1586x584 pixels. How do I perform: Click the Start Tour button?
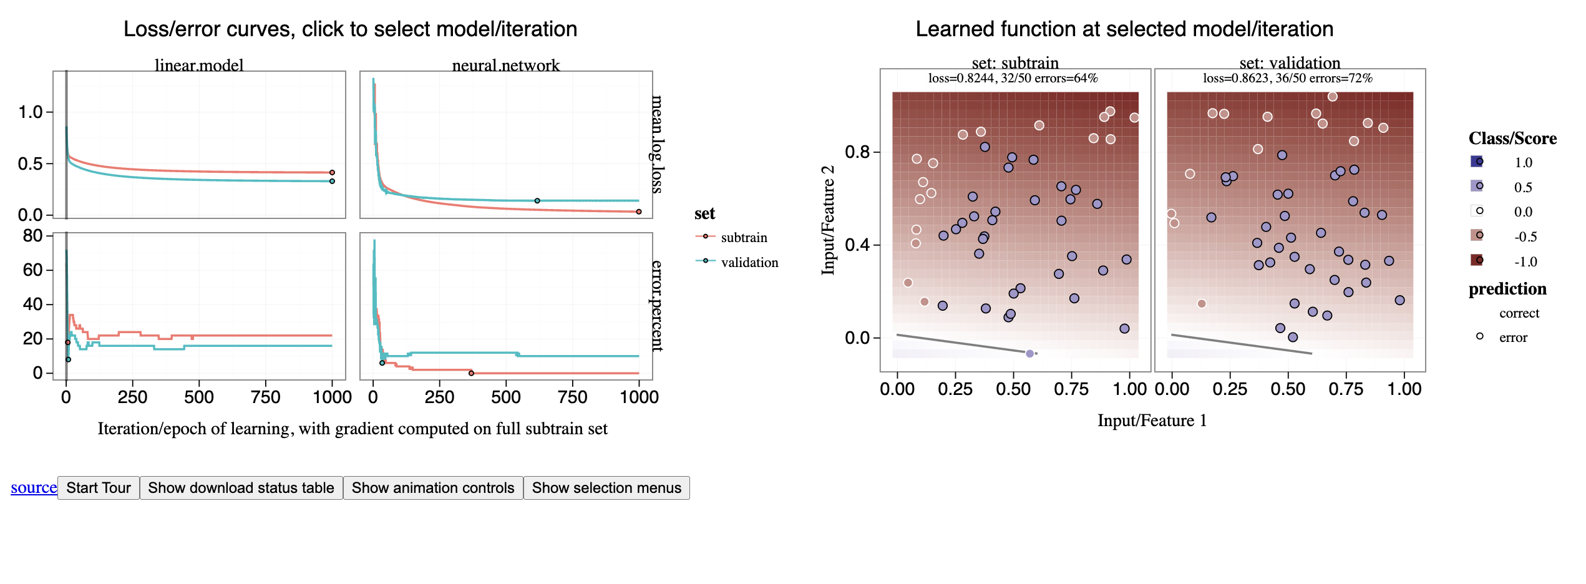pyautogui.click(x=99, y=488)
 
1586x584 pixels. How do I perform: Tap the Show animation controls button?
pyautogui.click(x=433, y=488)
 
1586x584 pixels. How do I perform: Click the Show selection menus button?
pyautogui.click(x=606, y=488)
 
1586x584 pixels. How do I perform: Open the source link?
pyautogui.click(x=34, y=488)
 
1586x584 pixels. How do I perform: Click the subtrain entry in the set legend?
pyautogui.click(x=744, y=238)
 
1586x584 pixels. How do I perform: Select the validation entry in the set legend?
pyautogui.click(x=749, y=263)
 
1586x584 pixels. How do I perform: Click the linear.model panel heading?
pyautogui.click(x=199, y=65)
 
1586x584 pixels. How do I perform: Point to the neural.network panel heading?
pyautogui.click(x=506, y=65)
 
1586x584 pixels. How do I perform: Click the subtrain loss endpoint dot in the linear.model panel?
pyautogui.click(x=332, y=173)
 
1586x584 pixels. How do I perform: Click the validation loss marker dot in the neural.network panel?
pyautogui.click(x=537, y=201)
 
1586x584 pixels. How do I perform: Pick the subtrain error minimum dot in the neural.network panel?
pyautogui.click(x=471, y=373)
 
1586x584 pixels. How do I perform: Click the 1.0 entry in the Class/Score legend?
pyautogui.click(x=1523, y=163)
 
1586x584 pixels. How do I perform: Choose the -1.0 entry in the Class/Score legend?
pyautogui.click(x=1525, y=262)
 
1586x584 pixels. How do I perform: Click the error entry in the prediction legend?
pyautogui.click(x=1513, y=338)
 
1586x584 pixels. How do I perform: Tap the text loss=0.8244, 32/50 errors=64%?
pyautogui.click(x=1013, y=79)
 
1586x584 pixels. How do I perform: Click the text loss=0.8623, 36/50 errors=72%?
pyautogui.click(x=1288, y=79)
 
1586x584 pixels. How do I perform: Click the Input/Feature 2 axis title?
pyautogui.click(x=828, y=220)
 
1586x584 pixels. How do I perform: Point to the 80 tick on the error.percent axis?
pyautogui.click(x=32, y=236)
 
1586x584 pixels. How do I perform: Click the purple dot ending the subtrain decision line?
pyautogui.click(x=1029, y=354)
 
